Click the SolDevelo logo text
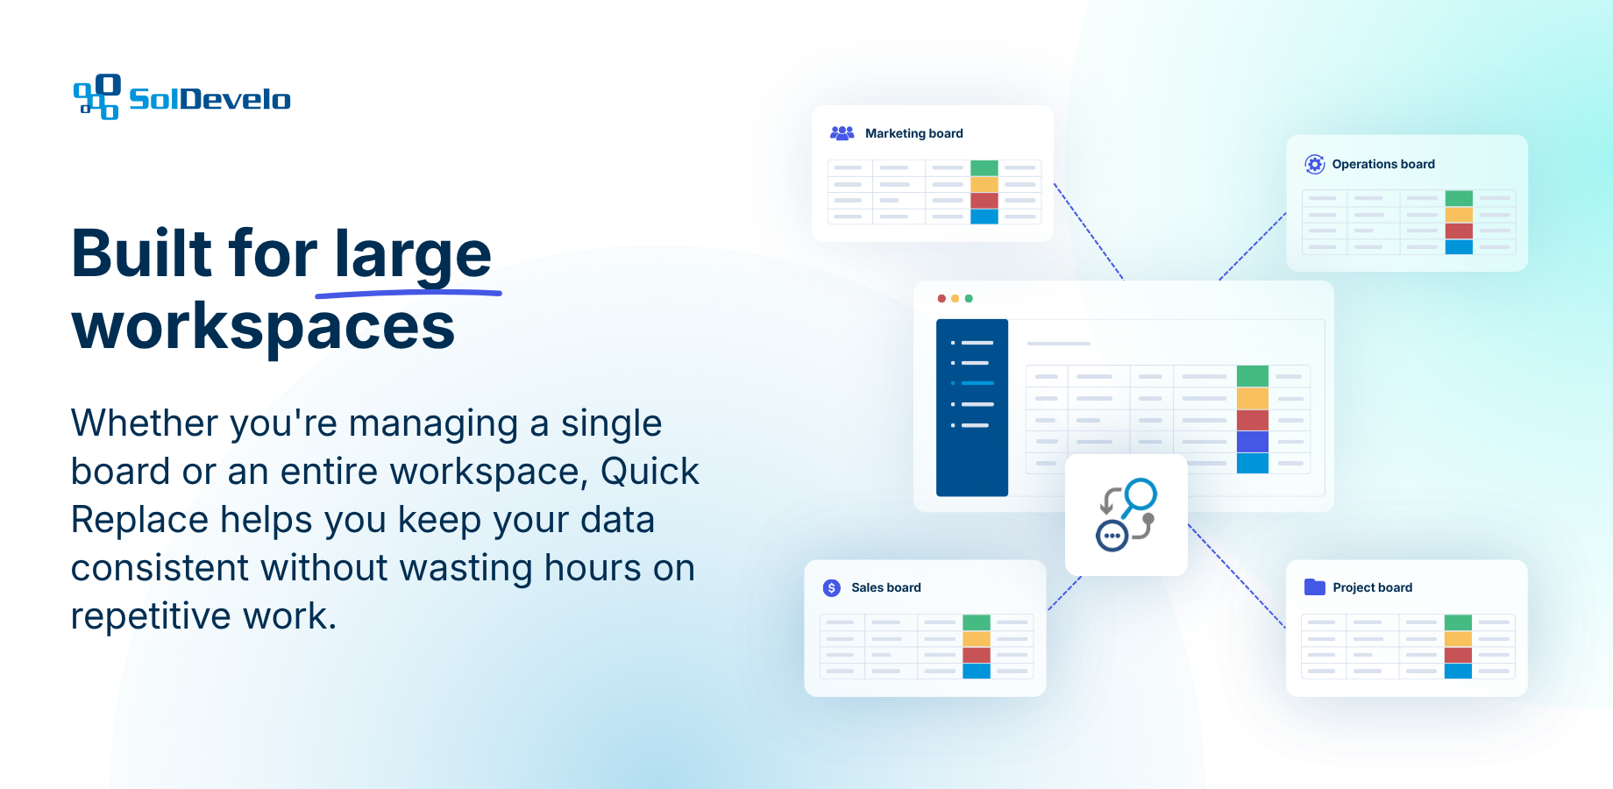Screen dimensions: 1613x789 [x=210, y=99]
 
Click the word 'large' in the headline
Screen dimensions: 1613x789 [x=413, y=254]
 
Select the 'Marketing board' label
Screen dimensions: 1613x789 [x=914, y=133]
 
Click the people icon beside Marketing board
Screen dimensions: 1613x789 [x=842, y=133]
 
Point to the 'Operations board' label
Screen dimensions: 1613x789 [x=1383, y=164]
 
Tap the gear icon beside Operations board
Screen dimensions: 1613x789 [x=1315, y=164]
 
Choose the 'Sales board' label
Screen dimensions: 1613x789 [x=886, y=587]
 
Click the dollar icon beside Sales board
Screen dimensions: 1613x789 [x=832, y=587]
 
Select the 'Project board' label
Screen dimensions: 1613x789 [x=1373, y=587]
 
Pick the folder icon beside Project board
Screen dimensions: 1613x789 [x=1315, y=586]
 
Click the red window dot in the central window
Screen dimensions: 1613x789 [x=942, y=299]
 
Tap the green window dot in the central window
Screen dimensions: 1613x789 [x=969, y=299]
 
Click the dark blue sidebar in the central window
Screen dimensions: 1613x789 [x=972, y=408]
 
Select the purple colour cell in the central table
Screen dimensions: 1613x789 [x=1253, y=441]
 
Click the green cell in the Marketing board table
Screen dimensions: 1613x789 [x=984, y=168]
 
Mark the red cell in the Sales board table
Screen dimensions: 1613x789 [x=977, y=655]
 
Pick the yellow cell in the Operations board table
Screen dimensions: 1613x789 [x=1459, y=215]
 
